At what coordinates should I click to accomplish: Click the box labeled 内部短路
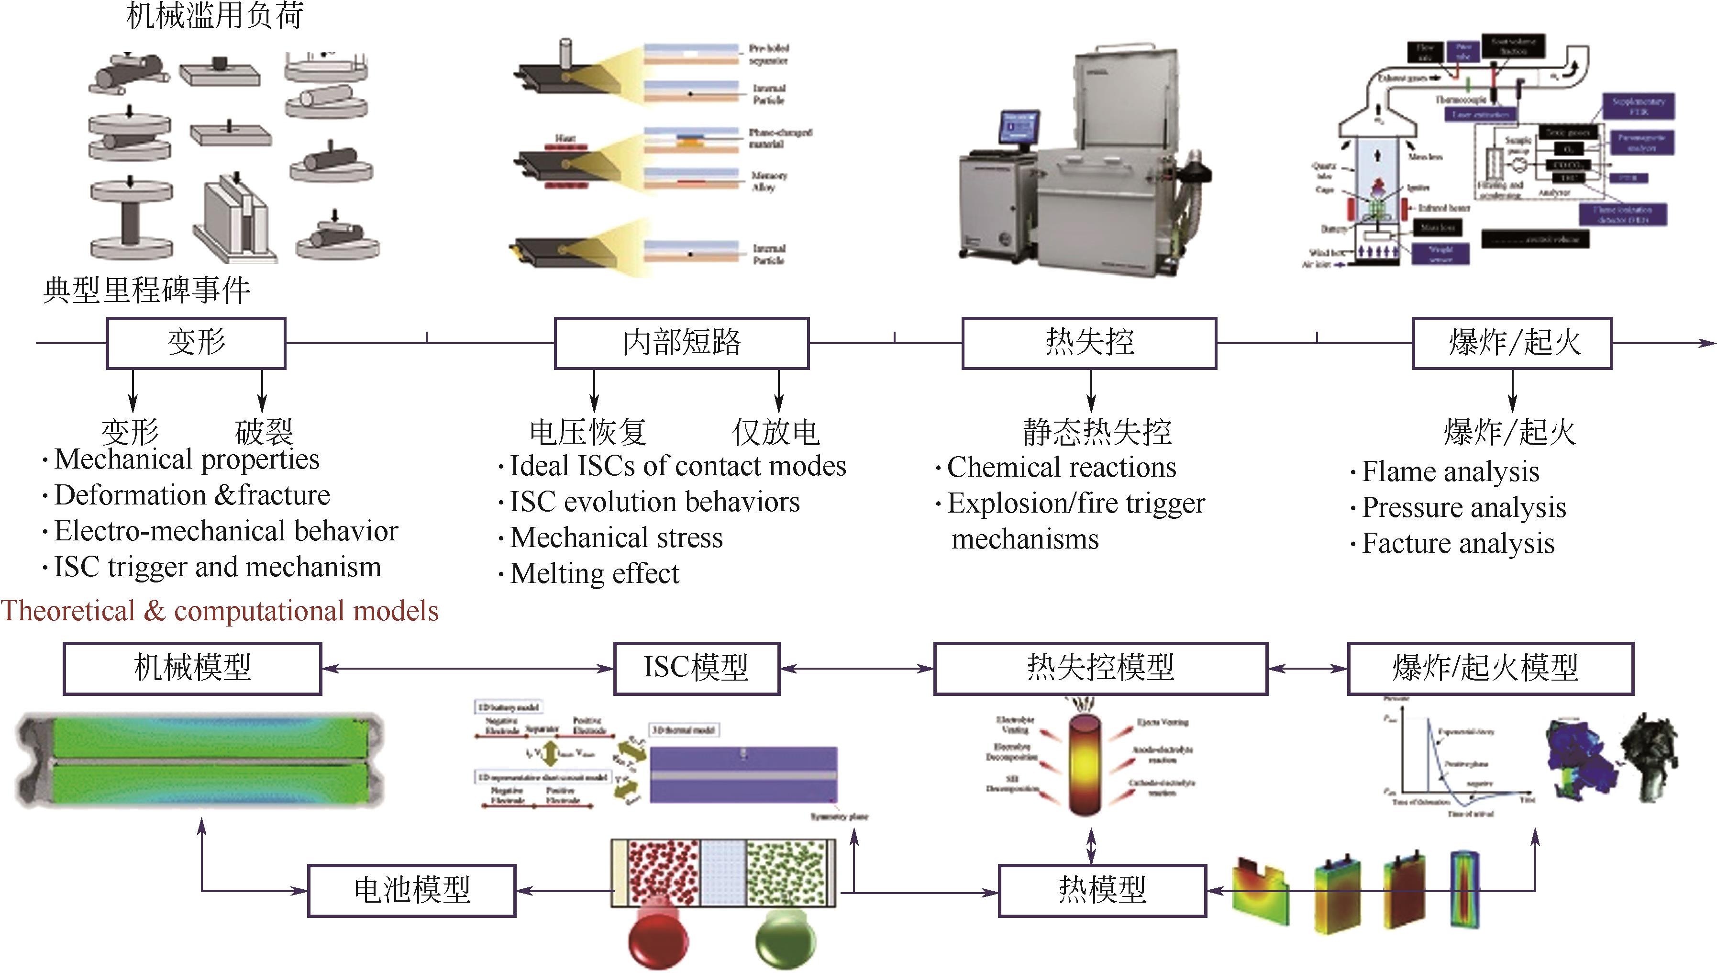tap(681, 343)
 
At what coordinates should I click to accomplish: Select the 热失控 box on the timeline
tap(1088, 343)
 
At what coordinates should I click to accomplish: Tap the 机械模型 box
tap(193, 668)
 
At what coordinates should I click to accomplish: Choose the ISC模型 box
tap(696, 668)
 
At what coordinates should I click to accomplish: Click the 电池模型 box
tap(411, 890)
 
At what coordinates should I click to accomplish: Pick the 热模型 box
tap(1102, 890)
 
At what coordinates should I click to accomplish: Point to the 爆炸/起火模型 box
tap(1490, 668)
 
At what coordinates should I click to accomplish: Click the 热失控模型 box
tap(1100, 668)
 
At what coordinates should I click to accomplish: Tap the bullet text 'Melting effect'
tap(594, 574)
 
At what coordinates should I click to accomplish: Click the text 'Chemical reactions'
tap(1061, 468)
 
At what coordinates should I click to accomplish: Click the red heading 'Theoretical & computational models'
tap(219, 611)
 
